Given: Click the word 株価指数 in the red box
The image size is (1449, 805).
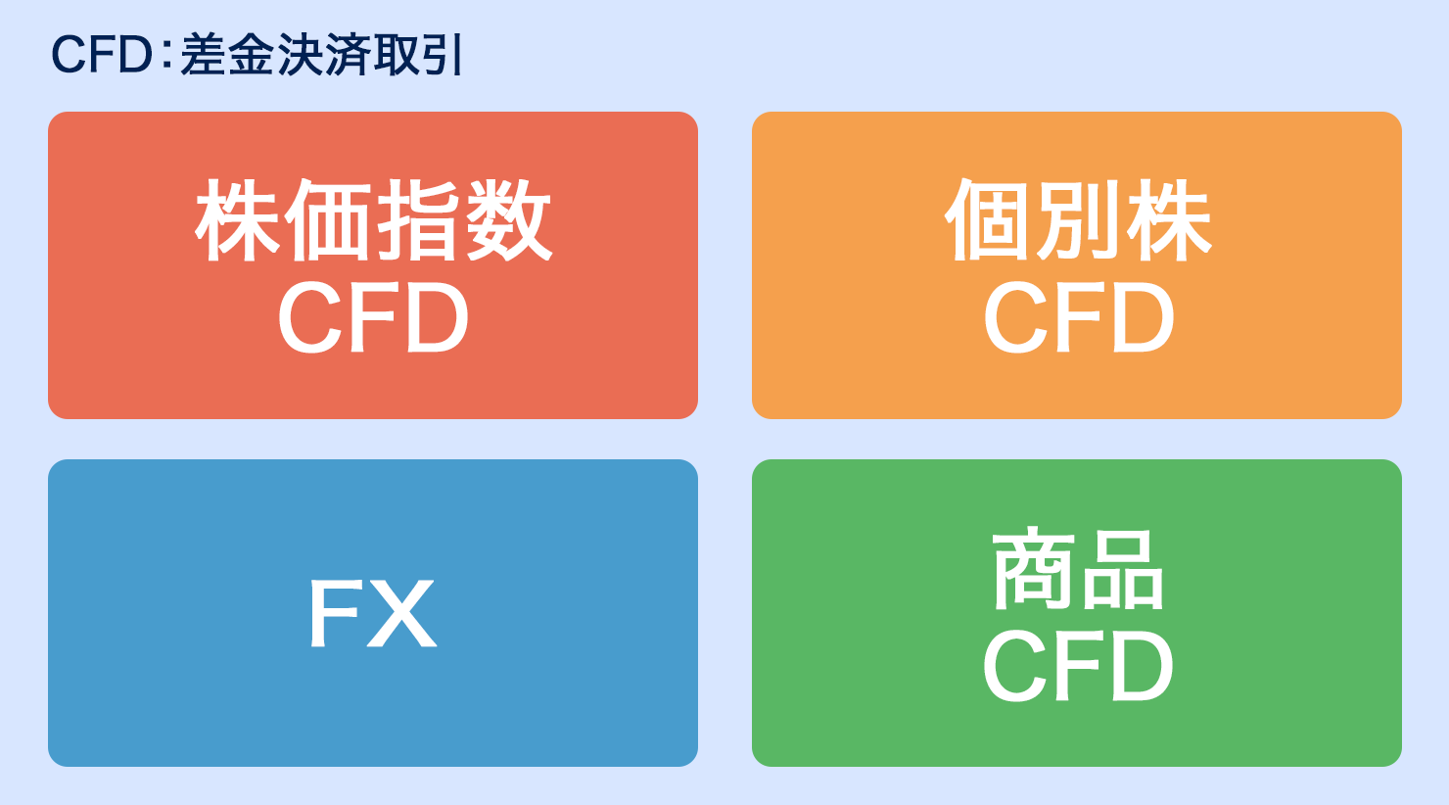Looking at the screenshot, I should (x=373, y=220).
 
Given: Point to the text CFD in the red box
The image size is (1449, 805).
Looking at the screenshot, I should (x=373, y=318).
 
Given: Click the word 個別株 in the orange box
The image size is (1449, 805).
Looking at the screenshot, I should (x=1078, y=220).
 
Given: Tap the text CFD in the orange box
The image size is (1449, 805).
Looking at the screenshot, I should (x=1078, y=318).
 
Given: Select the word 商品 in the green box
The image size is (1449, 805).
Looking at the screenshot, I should (x=1078, y=569).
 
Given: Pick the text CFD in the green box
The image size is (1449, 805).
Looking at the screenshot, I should (x=1078, y=667).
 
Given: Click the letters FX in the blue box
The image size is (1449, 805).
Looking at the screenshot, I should (x=373, y=614).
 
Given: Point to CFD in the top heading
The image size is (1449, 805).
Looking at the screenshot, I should (x=102, y=55).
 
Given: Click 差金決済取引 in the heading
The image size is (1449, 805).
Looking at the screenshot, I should (x=321, y=55).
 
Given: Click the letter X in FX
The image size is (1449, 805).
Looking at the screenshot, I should (x=401, y=614).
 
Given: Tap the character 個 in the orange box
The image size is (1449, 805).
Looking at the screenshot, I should (x=988, y=220).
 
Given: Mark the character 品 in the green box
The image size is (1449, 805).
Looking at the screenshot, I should (x=1123, y=571).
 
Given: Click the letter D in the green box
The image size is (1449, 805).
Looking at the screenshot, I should (x=1142, y=667).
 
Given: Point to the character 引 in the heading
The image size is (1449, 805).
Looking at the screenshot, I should (x=444, y=55).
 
